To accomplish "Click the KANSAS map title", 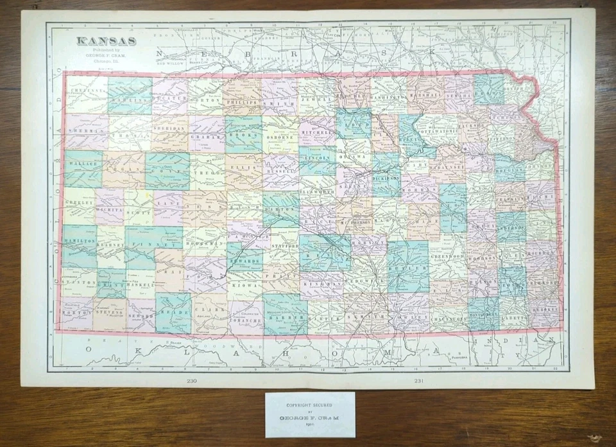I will (107, 41).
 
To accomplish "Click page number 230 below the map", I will (191, 381).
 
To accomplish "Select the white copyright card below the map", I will (310, 414).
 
